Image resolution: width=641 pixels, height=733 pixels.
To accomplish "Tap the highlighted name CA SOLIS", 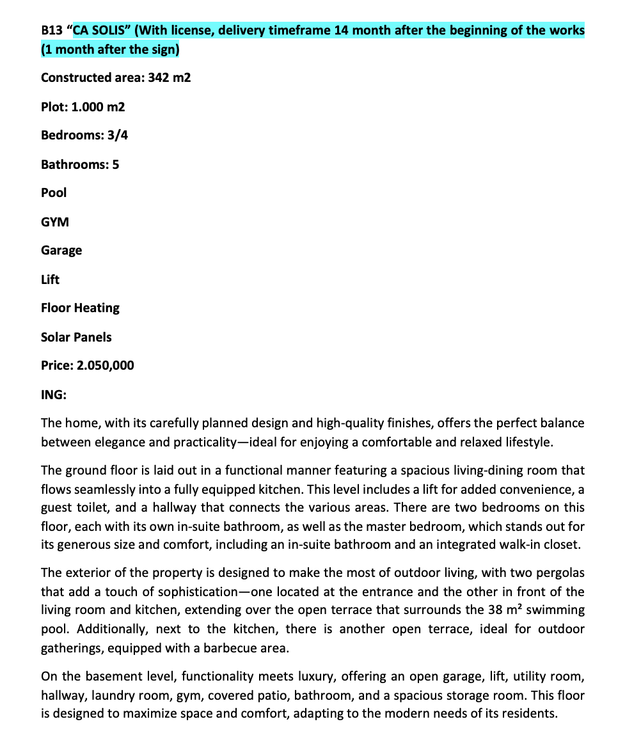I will pyautogui.click(x=100, y=30).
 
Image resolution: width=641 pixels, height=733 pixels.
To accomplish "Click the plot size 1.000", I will pyautogui.click(x=88, y=107).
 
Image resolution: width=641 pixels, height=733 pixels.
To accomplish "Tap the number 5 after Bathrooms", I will pyautogui.click(x=115, y=164).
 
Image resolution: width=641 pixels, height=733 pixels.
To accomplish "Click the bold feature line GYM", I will pyautogui.click(x=55, y=222).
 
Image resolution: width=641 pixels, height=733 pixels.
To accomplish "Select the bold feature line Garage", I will pyautogui.click(x=61, y=250).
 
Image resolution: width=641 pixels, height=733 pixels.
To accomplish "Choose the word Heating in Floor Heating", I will pyautogui.click(x=98, y=308).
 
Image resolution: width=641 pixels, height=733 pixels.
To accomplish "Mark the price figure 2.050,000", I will pyautogui.click(x=106, y=365).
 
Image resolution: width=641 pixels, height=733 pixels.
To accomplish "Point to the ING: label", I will pyautogui.click(x=54, y=395).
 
